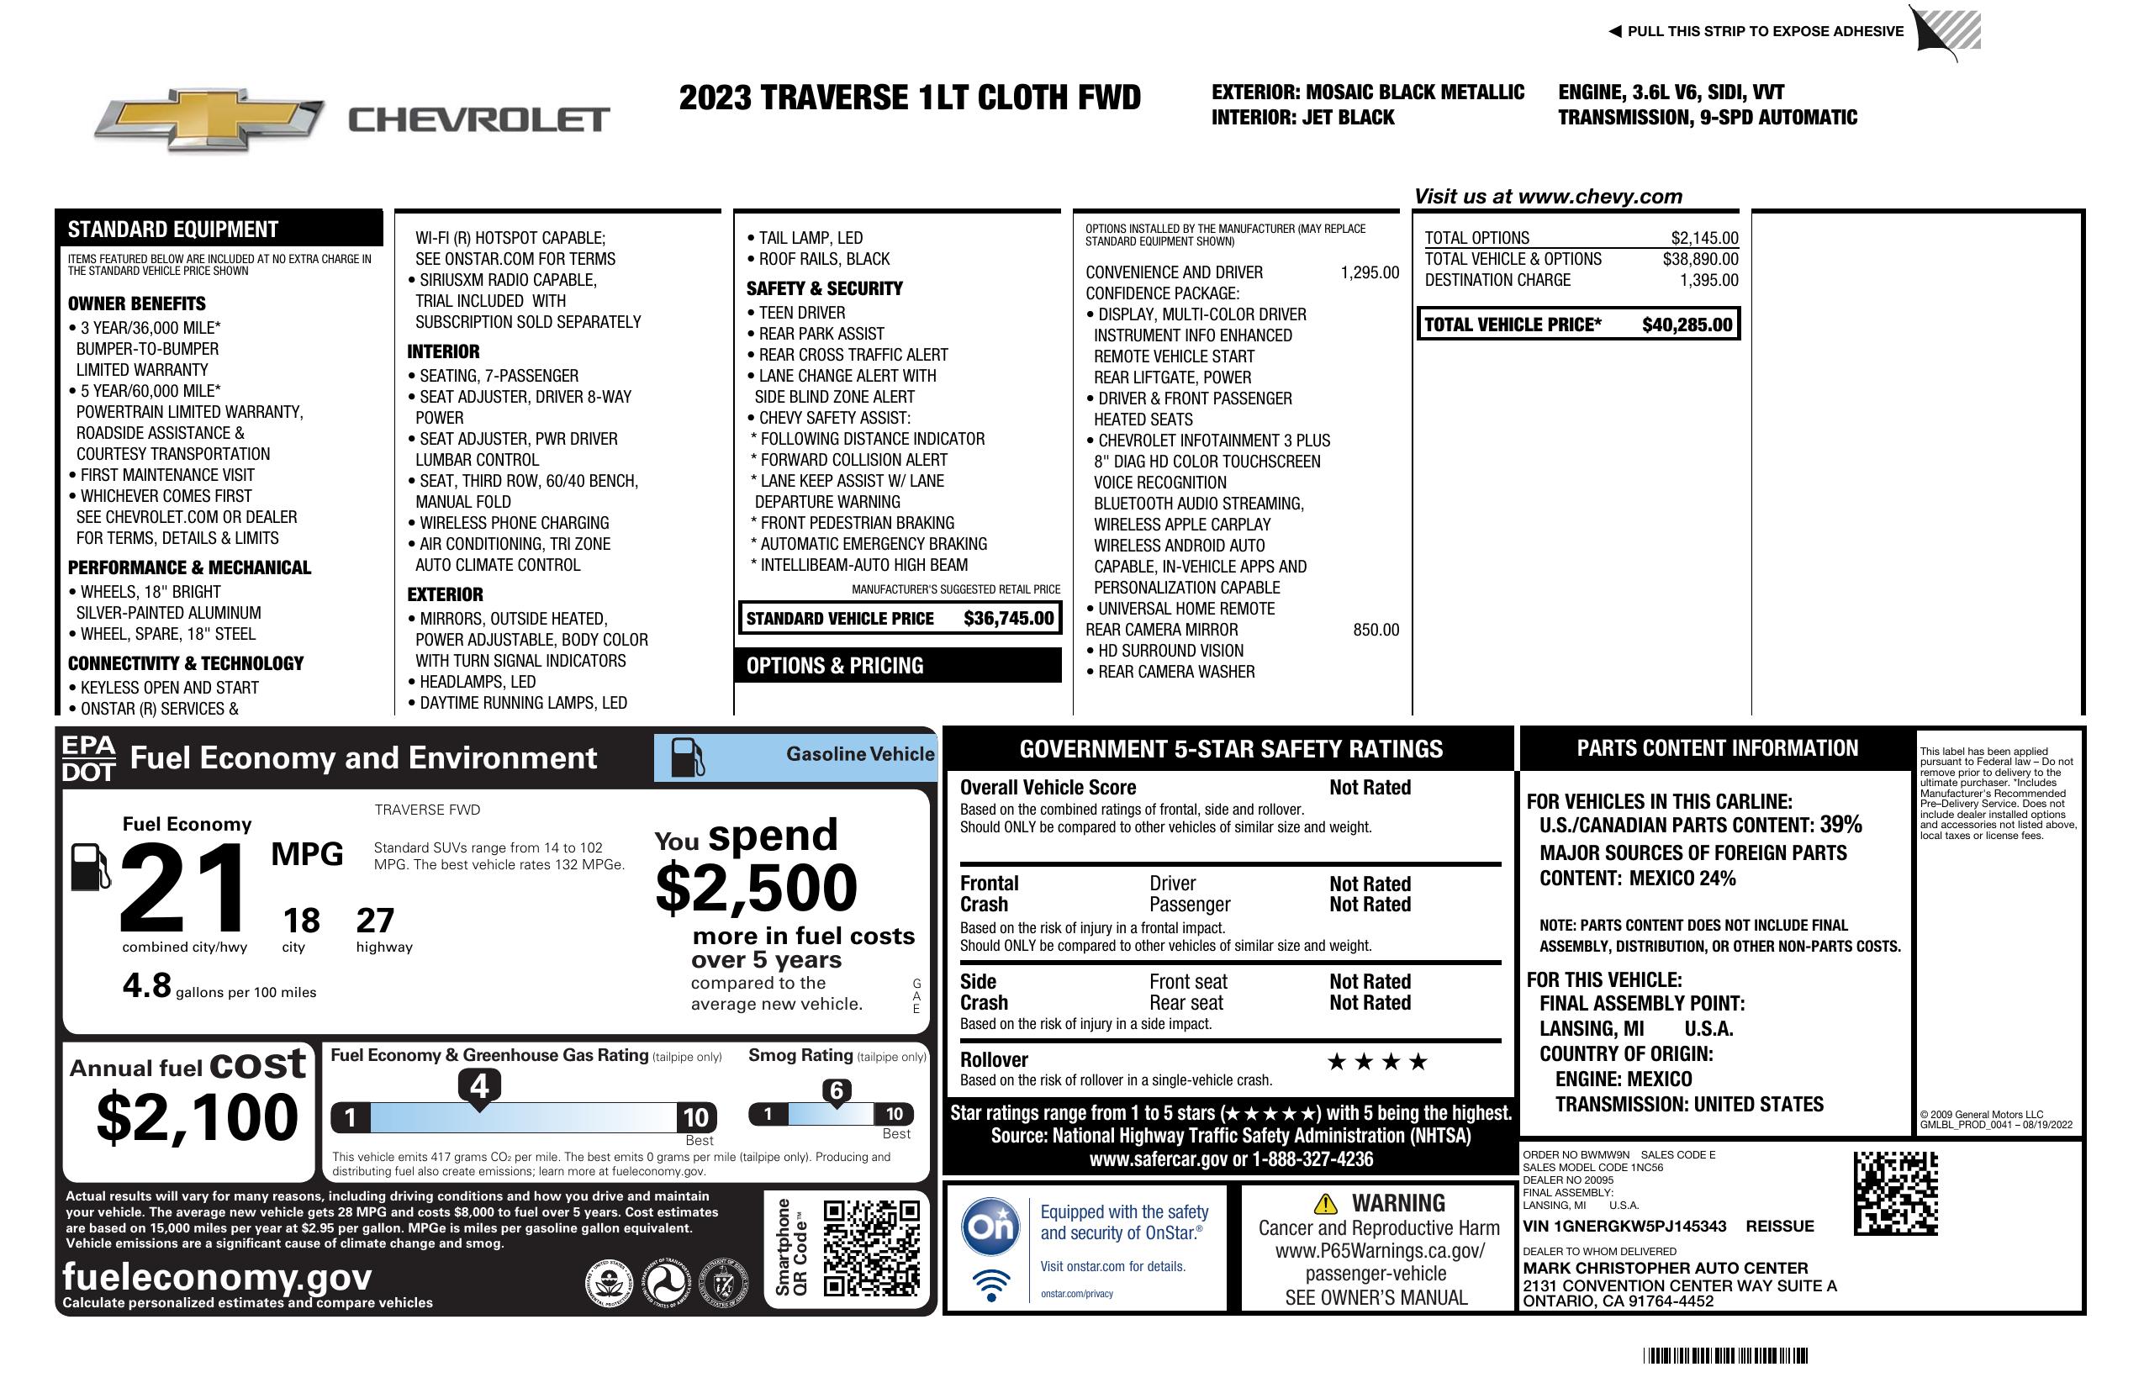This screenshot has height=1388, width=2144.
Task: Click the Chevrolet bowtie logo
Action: click(209, 119)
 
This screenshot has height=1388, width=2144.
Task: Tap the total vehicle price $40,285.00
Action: click(1687, 325)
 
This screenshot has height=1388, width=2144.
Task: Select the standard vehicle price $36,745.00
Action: click(1008, 619)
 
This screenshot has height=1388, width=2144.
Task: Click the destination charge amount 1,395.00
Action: click(1708, 280)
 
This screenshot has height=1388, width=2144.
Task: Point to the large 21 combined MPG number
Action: click(183, 887)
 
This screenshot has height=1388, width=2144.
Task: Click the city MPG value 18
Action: click(301, 921)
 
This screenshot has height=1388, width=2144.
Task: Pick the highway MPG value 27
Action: click(375, 921)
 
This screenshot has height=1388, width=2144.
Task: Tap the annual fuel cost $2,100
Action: click(198, 1117)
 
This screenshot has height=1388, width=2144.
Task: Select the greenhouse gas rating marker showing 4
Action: click(479, 1086)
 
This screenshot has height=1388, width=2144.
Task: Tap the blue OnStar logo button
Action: click(990, 1226)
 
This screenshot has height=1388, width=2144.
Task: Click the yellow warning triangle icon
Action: click(1325, 1203)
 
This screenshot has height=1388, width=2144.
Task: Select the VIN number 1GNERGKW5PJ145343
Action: click(1624, 1227)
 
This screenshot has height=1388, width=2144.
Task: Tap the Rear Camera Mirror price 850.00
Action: click(1376, 631)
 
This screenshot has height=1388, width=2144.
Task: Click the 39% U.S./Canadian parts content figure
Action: click(1840, 825)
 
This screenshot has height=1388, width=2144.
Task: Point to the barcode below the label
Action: click(1725, 1355)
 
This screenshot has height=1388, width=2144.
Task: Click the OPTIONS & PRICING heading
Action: click(834, 667)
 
